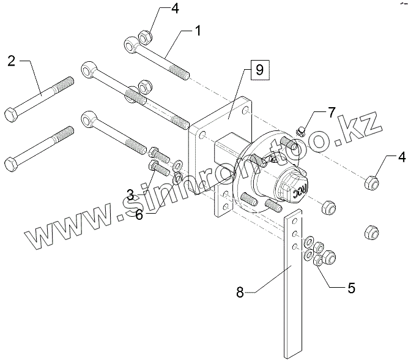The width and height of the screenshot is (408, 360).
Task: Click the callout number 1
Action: click(198, 30)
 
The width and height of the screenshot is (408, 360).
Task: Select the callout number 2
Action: click(12, 60)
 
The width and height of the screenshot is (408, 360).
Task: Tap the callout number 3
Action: click(131, 195)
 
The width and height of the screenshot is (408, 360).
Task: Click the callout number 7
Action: click(332, 113)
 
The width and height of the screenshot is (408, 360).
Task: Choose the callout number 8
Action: click(240, 292)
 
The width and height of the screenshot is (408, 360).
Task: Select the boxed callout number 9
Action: click(259, 70)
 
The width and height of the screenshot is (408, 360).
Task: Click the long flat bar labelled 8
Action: click(292, 288)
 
